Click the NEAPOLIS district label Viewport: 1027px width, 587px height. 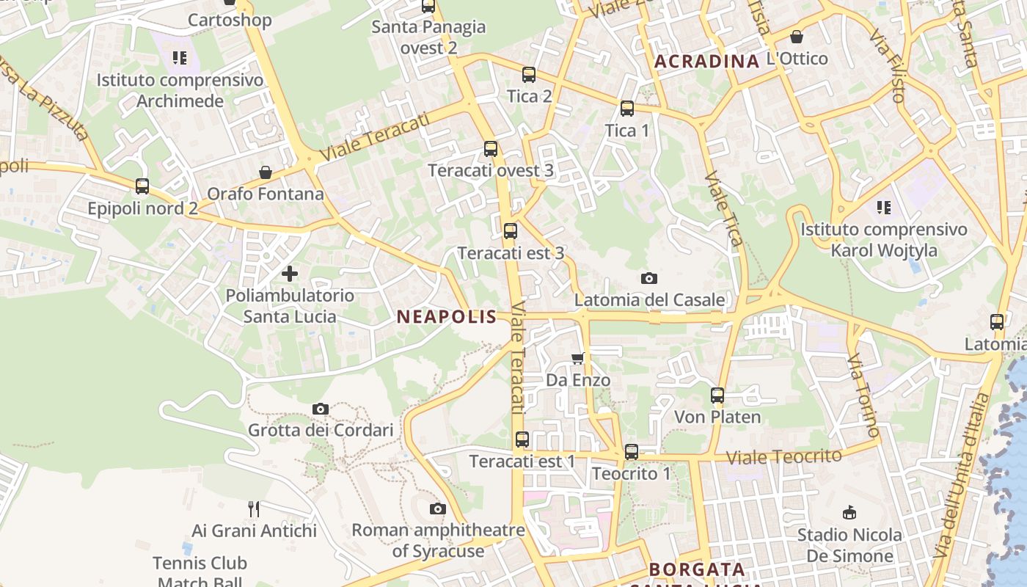(446, 317)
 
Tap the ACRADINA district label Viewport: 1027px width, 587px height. (706, 62)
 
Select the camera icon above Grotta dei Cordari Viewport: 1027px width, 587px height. (321, 409)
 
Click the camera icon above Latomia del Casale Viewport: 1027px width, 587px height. (648, 278)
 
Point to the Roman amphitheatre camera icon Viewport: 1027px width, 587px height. (437, 508)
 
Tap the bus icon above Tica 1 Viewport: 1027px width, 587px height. (626, 109)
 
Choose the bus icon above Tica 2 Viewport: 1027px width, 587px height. (528, 74)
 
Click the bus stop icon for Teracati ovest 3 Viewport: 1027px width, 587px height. (490, 149)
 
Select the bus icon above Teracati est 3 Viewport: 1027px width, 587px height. (510, 231)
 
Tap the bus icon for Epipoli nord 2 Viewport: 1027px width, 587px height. (142, 186)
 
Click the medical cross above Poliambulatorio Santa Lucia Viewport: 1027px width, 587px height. (290, 274)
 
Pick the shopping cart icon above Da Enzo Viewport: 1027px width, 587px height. (577, 359)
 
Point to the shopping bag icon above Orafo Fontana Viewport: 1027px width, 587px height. (265, 172)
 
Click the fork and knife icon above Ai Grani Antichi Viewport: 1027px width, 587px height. (254, 508)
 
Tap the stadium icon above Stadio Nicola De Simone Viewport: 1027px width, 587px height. (849, 512)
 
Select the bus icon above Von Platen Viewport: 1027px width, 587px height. (717, 395)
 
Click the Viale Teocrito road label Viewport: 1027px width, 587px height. (783, 456)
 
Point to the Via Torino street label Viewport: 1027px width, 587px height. (863, 395)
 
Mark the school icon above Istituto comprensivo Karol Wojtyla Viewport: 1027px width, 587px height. (883, 208)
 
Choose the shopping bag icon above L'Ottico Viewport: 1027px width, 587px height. (796, 37)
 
